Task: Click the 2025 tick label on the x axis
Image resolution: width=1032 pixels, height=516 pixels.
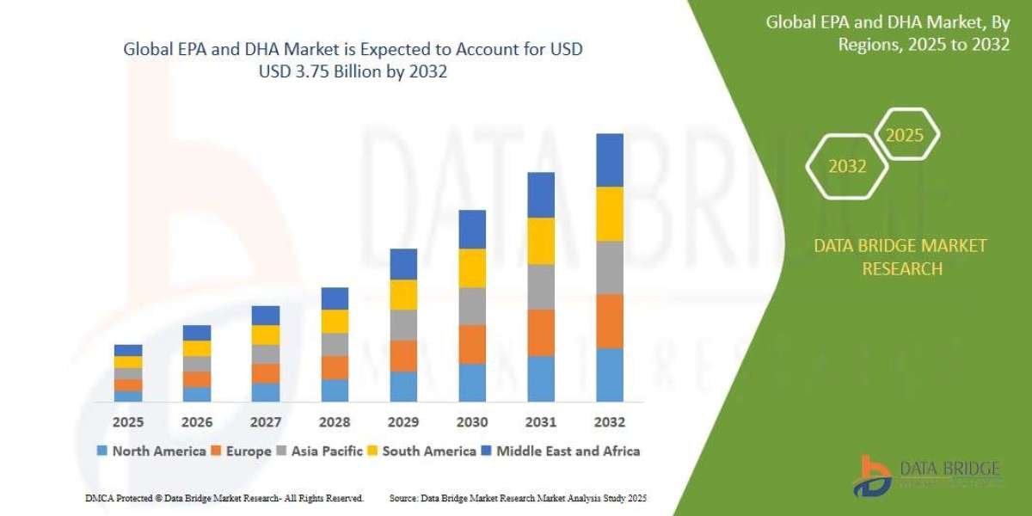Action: pyautogui.click(x=128, y=423)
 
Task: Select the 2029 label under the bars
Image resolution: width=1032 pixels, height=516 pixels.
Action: pyautogui.click(x=403, y=423)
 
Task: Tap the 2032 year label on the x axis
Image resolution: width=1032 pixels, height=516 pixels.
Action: pyautogui.click(x=610, y=423)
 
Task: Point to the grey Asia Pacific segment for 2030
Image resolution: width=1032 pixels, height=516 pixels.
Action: pyautogui.click(x=472, y=306)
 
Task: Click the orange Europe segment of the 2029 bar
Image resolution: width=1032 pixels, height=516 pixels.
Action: pyautogui.click(x=403, y=356)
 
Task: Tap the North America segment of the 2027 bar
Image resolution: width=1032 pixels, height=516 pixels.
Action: pyautogui.click(x=266, y=392)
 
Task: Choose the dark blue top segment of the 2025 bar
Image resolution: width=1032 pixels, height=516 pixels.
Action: pyautogui.click(x=128, y=350)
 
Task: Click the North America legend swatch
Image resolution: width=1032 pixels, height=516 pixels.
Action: pyautogui.click(x=102, y=451)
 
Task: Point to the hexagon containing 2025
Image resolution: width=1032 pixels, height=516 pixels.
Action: pyautogui.click(x=905, y=135)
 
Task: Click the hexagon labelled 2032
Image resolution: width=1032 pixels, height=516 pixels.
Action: pyautogui.click(x=847, y=167)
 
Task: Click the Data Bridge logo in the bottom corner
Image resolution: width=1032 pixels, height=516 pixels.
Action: pyautogui.click(x=928, y=476)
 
